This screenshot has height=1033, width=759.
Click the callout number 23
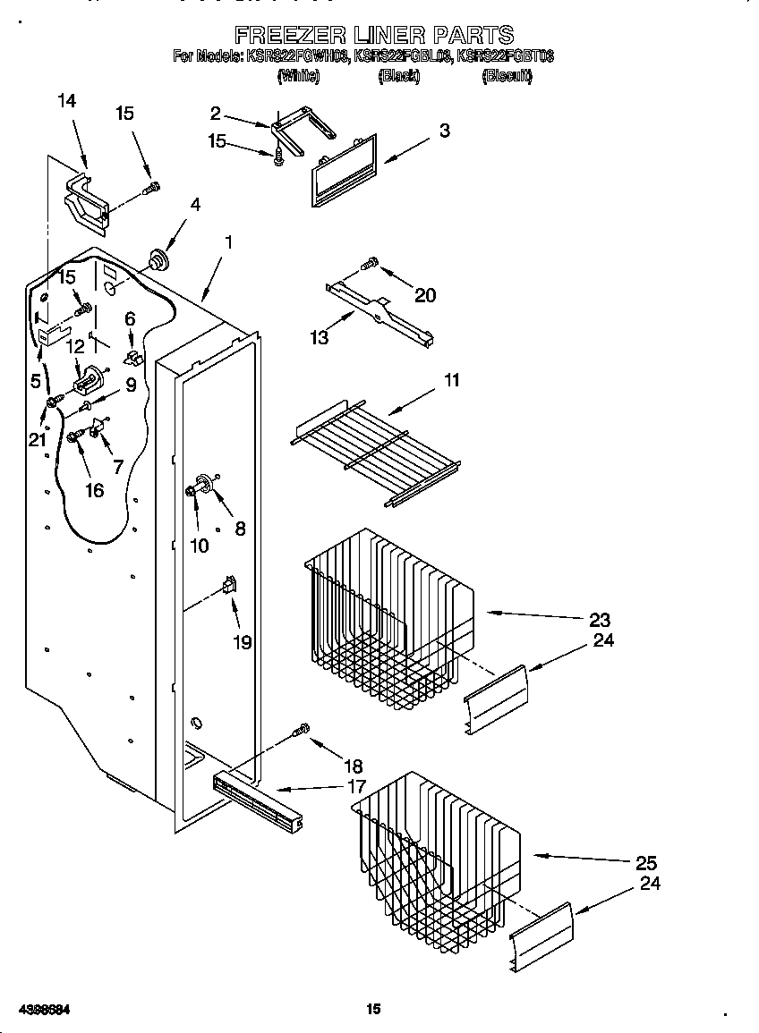600,620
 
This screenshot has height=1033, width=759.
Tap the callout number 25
646,863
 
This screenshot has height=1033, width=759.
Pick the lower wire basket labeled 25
434,859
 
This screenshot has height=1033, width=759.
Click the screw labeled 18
303,731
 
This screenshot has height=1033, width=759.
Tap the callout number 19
242,642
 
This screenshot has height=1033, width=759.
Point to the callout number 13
319,337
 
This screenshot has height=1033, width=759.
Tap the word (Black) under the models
398,77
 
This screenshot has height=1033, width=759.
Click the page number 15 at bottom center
374,1009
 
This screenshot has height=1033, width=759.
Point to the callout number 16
94,489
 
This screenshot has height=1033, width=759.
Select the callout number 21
36,438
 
